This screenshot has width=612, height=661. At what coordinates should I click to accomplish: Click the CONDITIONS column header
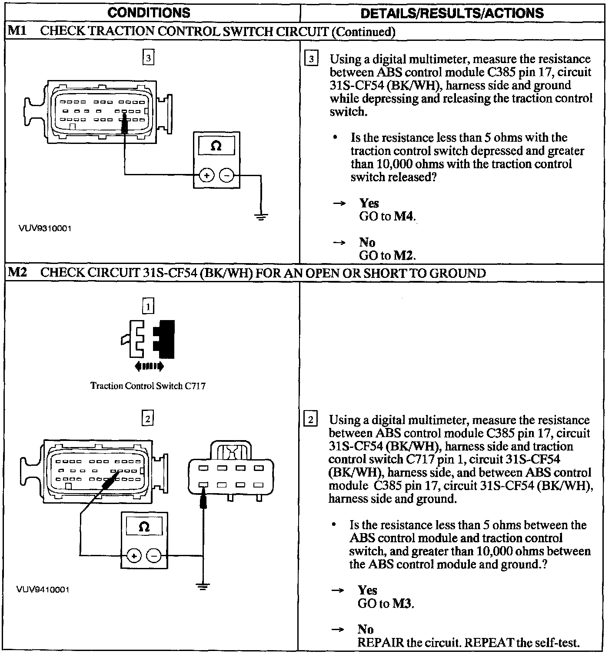149,13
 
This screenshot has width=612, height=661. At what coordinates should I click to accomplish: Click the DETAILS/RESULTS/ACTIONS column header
452,13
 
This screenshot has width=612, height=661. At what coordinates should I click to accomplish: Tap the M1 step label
17,31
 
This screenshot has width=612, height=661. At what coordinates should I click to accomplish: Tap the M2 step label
17,273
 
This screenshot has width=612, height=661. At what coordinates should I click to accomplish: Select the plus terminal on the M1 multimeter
206,175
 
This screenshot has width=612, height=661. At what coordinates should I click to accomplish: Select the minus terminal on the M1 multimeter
226,175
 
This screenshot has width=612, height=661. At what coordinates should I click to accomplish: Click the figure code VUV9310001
45,228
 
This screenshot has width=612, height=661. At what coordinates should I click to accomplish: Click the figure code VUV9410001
43,589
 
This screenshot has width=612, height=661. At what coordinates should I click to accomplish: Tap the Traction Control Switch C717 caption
148,386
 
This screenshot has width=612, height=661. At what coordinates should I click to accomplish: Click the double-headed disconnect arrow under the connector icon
150,366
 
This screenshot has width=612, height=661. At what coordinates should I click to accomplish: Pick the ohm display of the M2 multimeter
144,527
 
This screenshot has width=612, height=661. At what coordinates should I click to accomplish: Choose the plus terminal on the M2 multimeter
134,556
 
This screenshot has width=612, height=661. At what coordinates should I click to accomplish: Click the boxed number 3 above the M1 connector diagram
149,58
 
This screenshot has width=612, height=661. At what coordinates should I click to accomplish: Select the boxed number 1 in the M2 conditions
148,307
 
